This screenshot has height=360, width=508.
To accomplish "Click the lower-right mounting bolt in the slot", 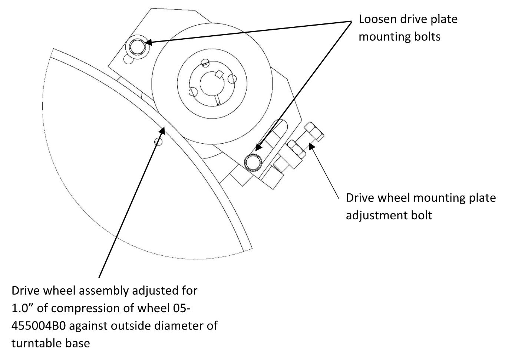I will (253, 162).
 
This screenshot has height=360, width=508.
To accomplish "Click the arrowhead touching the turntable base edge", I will (162, 129).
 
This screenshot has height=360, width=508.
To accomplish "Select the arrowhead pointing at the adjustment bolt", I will (311, 147).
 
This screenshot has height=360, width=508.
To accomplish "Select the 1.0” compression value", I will (22, 308).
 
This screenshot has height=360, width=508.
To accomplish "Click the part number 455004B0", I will (39, 326).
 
